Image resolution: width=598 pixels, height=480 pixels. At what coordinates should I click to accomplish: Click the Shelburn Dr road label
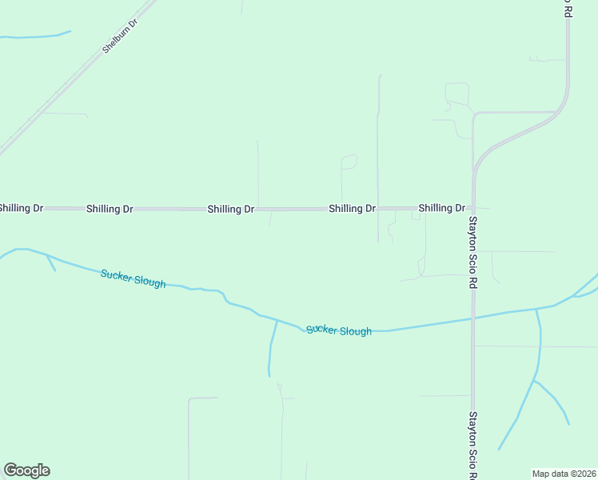coord(121,36)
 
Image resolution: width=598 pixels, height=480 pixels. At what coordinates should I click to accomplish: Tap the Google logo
coord(26,470)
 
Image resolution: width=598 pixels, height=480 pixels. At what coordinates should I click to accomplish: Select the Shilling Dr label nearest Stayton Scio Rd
coord(441,208)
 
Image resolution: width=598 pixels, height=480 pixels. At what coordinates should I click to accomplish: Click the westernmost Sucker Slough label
coord(133,278)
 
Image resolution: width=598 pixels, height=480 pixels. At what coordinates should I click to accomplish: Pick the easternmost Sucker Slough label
coord(339,330)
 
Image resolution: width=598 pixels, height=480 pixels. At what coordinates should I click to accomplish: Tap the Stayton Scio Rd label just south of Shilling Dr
coord(472,252)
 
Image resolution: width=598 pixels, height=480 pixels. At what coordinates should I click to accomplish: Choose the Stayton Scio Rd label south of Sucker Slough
coord(472,445)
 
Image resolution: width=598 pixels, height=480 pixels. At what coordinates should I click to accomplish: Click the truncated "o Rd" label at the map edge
coord(567,8)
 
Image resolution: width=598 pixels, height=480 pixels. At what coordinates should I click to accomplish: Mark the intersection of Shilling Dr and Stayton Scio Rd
coord(472,208)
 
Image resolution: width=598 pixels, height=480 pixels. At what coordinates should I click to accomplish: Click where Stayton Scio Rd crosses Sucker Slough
coord(472,318)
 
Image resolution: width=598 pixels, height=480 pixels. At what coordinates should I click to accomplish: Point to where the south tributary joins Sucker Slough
coord(277,321)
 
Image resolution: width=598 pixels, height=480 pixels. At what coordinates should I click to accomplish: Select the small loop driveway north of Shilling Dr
coord(349,162)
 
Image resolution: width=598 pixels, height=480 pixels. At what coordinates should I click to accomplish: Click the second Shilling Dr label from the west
coord(110,209)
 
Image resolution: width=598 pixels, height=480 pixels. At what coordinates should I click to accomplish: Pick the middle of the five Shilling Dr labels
coord(231,209)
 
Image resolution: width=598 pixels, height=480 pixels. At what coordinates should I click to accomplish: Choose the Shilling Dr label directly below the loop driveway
coord(352,208)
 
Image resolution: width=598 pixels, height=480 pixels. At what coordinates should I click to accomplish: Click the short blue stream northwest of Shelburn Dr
coord(36,35)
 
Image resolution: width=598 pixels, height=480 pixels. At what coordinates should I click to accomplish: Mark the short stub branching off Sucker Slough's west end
coord(51,263)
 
